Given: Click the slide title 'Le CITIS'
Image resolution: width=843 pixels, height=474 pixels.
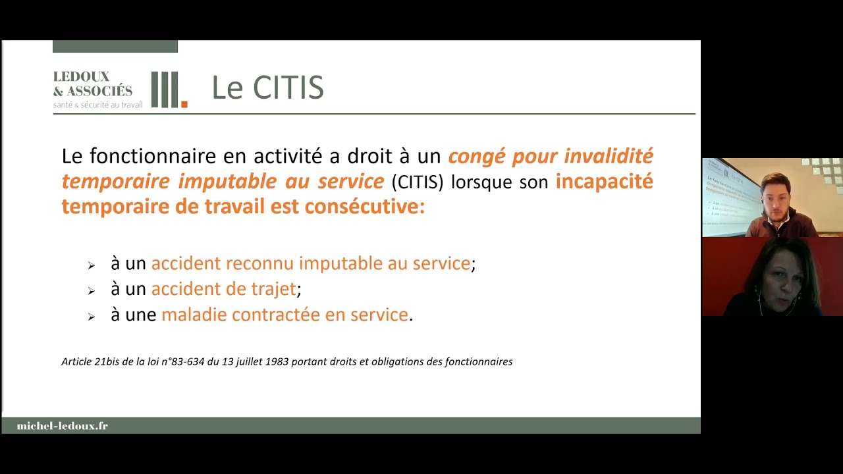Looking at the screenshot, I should point(267,88).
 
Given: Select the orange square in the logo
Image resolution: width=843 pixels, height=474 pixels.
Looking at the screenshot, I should point(184,104).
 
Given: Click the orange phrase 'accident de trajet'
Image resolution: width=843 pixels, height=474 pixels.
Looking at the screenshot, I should point(223,289).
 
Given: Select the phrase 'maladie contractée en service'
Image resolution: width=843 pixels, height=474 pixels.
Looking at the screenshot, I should point(285,315).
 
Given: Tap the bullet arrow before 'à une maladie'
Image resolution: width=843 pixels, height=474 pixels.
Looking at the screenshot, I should point(91,317).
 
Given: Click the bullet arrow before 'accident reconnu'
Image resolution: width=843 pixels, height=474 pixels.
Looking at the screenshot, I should point(91,265).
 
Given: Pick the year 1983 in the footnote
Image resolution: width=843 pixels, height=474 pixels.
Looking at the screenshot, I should point(277,361).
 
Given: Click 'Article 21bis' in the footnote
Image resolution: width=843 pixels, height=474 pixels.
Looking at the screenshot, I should point(91,361).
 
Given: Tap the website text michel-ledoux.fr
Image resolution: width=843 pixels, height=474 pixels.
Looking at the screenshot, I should point(62,426).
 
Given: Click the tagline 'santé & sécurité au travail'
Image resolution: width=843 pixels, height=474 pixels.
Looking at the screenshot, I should point(97,105).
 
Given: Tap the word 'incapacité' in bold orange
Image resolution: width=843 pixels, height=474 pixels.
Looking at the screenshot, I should point(604,182).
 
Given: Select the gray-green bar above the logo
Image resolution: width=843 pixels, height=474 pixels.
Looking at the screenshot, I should point(115,46).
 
